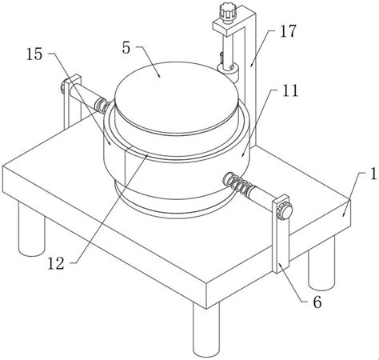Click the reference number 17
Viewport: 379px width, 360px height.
(x=288, y=31)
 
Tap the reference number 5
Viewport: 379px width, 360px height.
(x=126, y=48)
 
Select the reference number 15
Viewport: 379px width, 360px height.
(x=34, y=54)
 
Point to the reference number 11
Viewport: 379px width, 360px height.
(x=290, y=90)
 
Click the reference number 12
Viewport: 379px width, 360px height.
(x=56, y=263)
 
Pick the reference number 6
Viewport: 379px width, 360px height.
(x=317, y=302)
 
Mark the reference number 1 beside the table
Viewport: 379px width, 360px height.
(x=373, y=174)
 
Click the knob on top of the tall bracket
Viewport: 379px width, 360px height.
(x=228, y=11)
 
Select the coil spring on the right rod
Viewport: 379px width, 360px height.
(x=238, y=184)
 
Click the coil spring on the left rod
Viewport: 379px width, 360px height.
(x=102, y=105)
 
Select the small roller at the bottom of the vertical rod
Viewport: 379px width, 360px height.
(x=228, y=70)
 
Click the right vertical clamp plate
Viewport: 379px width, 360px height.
(x=281, y=234)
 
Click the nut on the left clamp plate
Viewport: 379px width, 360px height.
(x=63, y=87)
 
